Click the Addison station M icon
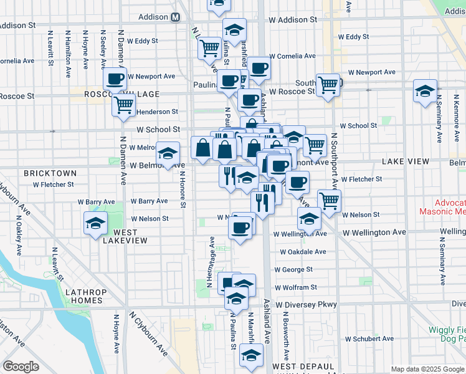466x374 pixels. pos(176,17)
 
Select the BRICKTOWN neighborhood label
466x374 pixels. pos(50,173)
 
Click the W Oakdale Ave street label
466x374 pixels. pos(303,252)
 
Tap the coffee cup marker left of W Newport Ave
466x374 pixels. pos(115,79)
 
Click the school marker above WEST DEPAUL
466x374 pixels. pos(251,356)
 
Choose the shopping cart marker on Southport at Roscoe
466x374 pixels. pos(327,84)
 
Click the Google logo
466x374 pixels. pos(21,367)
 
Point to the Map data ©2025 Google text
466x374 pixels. pos(427,369)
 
